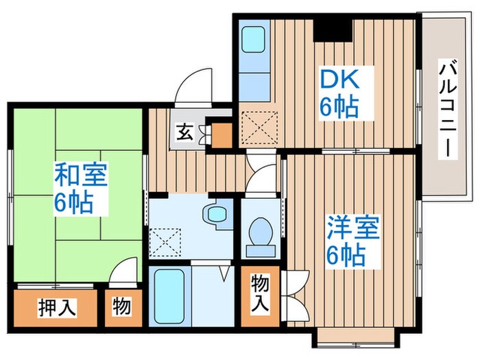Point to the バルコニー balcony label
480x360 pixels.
point(449,110)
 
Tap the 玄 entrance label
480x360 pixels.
point(185,131)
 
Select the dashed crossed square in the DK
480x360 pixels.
point(259,127)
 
